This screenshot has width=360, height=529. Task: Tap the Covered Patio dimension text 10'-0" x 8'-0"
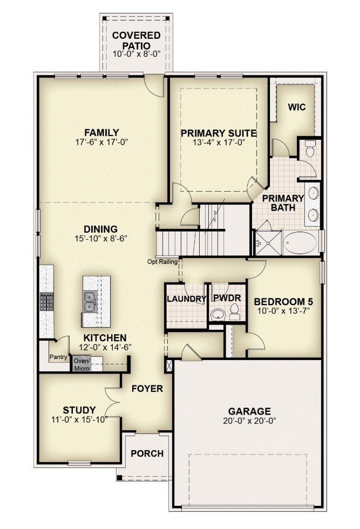(x=136, y=54)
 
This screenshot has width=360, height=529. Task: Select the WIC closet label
(x=296, y=107)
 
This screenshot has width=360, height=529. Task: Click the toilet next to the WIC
(x=309, y=149)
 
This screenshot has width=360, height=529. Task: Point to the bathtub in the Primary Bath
(x=300, y=242)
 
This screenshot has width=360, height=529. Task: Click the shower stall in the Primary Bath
(x=268, y=243)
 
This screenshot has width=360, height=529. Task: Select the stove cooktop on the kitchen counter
(x=46, y=301)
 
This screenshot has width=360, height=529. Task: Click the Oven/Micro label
(x=82, y=364)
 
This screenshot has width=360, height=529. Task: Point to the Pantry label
(x=58, y=357)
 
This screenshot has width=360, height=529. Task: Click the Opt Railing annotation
(x=162, y=261)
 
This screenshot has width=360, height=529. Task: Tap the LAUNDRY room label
(x=186, y=299)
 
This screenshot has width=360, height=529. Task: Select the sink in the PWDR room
(x=218, y=315)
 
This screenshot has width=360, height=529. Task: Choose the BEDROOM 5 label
(x=283, y=301)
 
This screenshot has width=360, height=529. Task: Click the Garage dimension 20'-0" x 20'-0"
(x=250, y=421)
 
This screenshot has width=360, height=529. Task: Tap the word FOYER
(x=147, y=389)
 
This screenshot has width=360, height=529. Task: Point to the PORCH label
(x=147, y=453)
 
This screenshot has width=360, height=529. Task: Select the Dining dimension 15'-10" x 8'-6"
(x=100, y=239)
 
